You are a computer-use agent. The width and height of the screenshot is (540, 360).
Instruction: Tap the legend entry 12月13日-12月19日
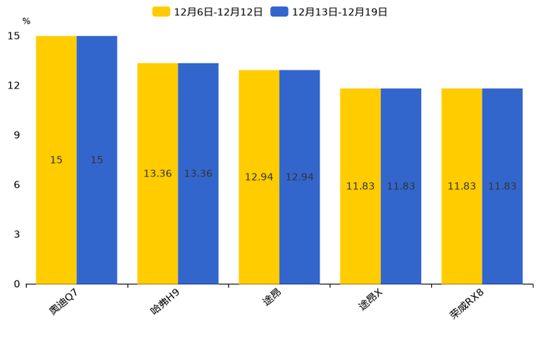click(x=330, y=12)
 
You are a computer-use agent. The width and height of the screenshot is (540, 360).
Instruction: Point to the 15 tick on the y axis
click(x=14, y=36)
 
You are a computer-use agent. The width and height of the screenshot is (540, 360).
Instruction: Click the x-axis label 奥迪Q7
click(x=64, y=301)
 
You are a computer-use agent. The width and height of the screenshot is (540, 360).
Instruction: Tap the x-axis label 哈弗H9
click(x=165, y=301)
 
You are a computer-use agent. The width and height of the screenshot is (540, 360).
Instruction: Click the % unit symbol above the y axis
click(x=26, y=22)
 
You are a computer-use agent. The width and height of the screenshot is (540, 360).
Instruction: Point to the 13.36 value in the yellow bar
click(x=157, y=174)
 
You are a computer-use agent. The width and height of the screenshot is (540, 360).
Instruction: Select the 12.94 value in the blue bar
click(x=300, y=177)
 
